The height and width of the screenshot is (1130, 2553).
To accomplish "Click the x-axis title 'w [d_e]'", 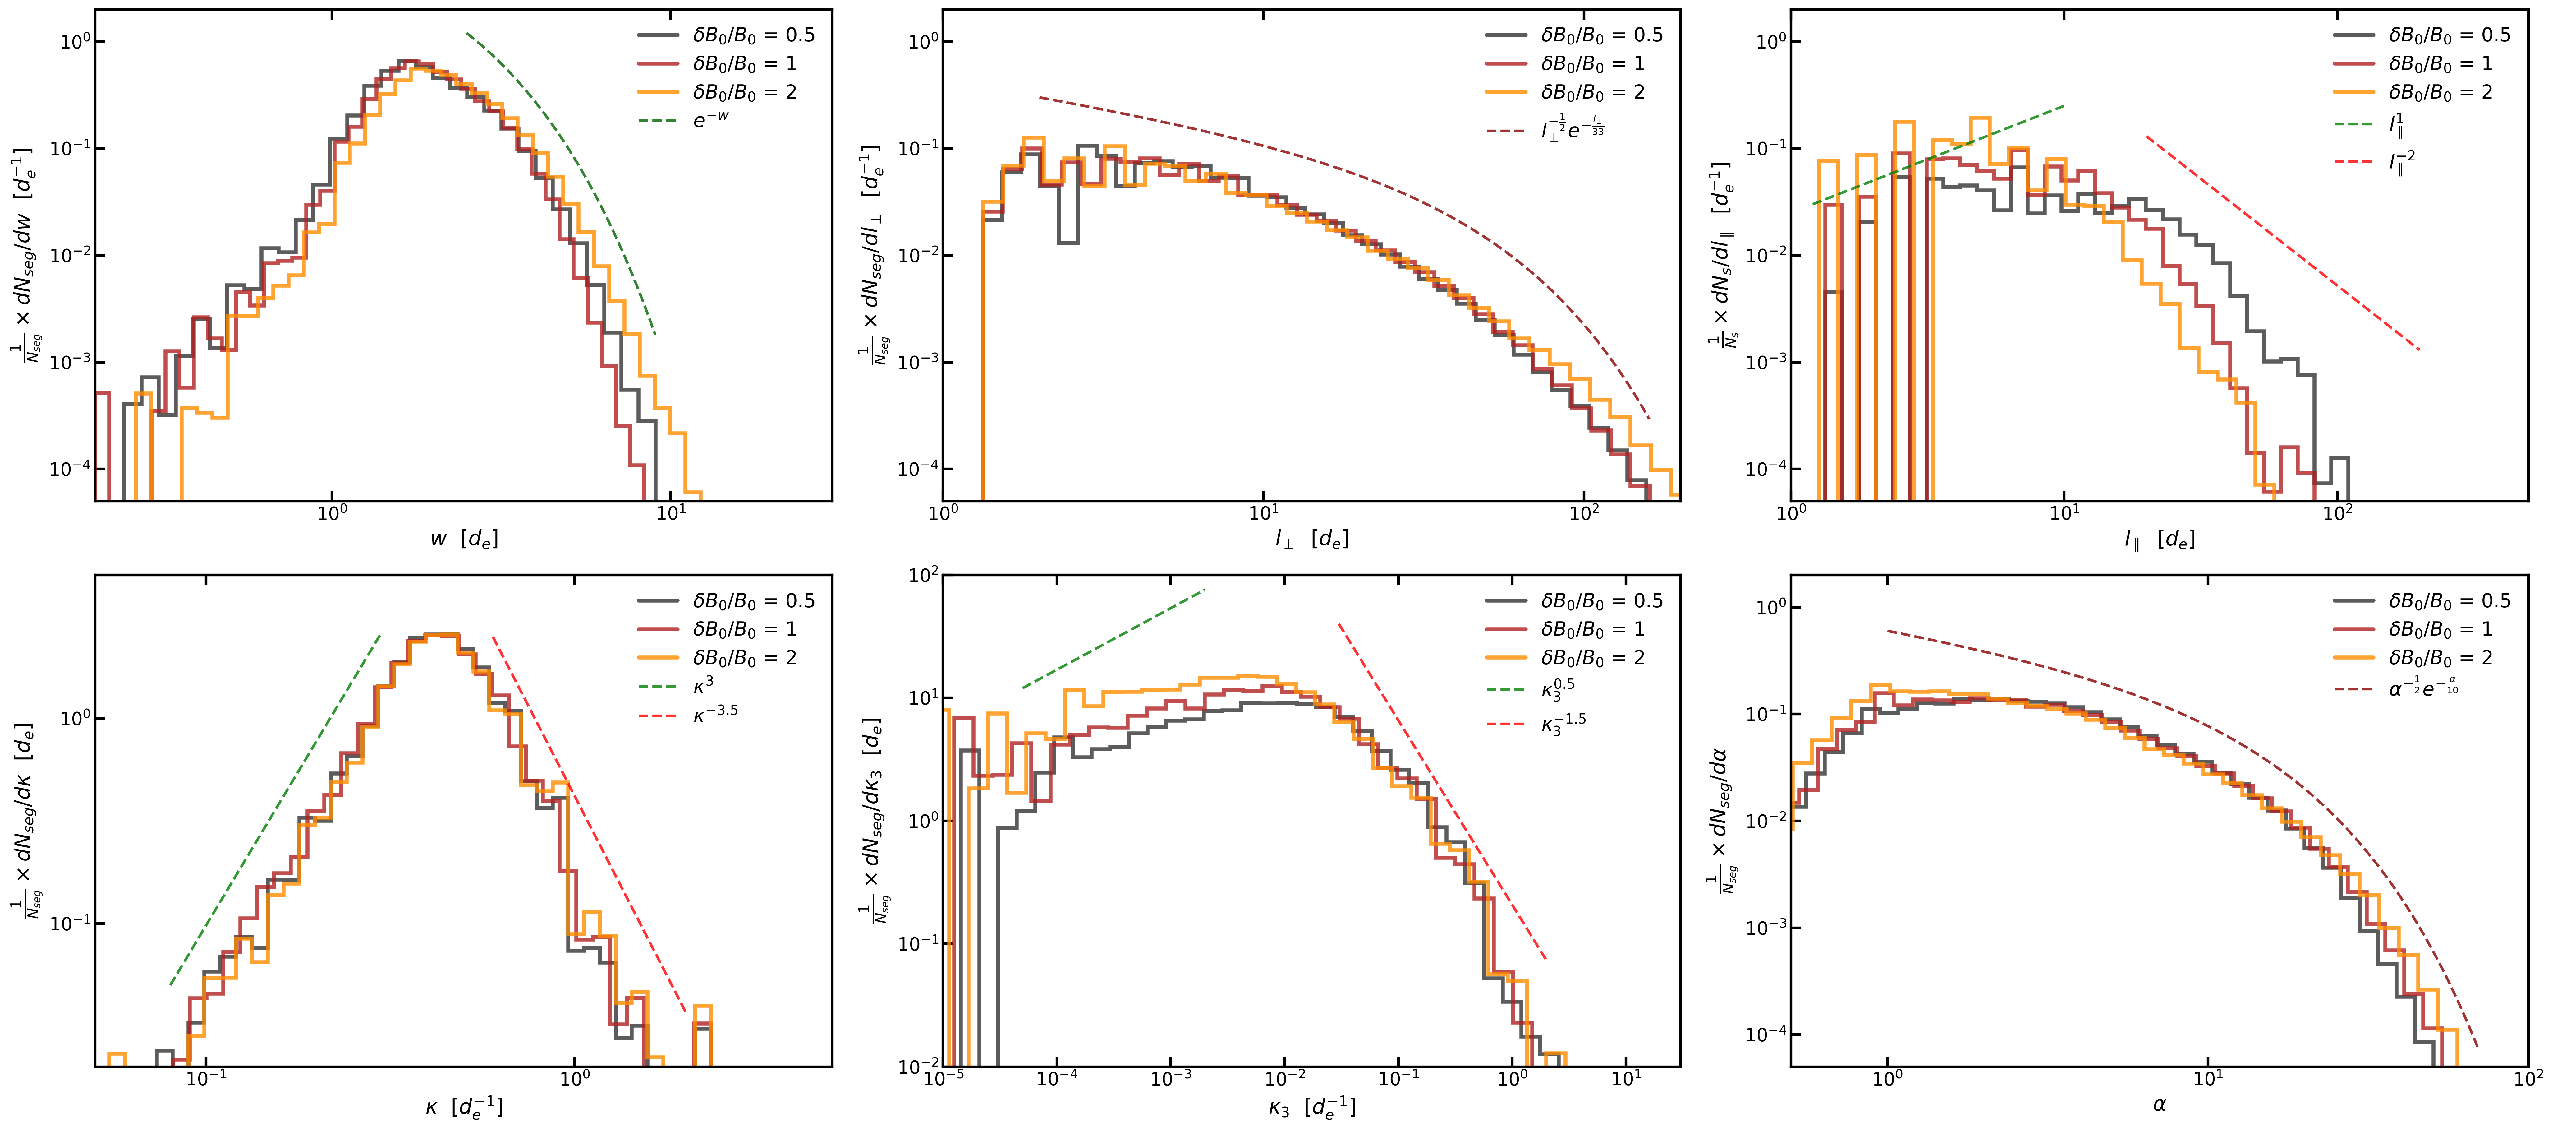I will click(464, 539).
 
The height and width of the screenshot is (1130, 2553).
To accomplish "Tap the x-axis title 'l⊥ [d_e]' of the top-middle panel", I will click(1311, 539).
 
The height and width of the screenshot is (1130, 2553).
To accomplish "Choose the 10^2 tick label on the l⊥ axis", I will click(1584, 513).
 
